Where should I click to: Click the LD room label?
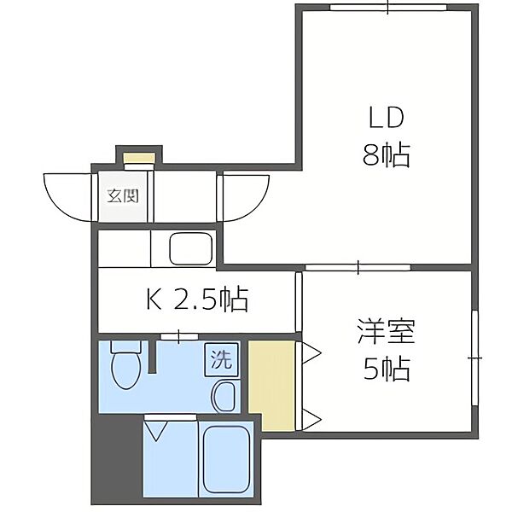click(387, 118)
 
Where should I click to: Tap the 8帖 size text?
click(387, 154)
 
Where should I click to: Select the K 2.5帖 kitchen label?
click(197, 300)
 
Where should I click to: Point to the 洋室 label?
click(387, 331)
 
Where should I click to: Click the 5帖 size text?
click(387, 369)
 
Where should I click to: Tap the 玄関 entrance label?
click(123, 196)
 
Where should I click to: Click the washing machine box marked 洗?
click(222, 359)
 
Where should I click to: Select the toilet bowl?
click(126, 364)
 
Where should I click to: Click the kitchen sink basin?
click(190, 249)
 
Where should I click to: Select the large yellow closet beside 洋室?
click(272, 386)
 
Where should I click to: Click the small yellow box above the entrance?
click(139, 159)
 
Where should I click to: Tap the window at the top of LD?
click(388, 8)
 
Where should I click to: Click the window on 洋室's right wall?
click(475, 358)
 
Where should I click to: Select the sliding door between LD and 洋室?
click(358, 267)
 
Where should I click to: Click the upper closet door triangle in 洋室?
click(312, 352)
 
